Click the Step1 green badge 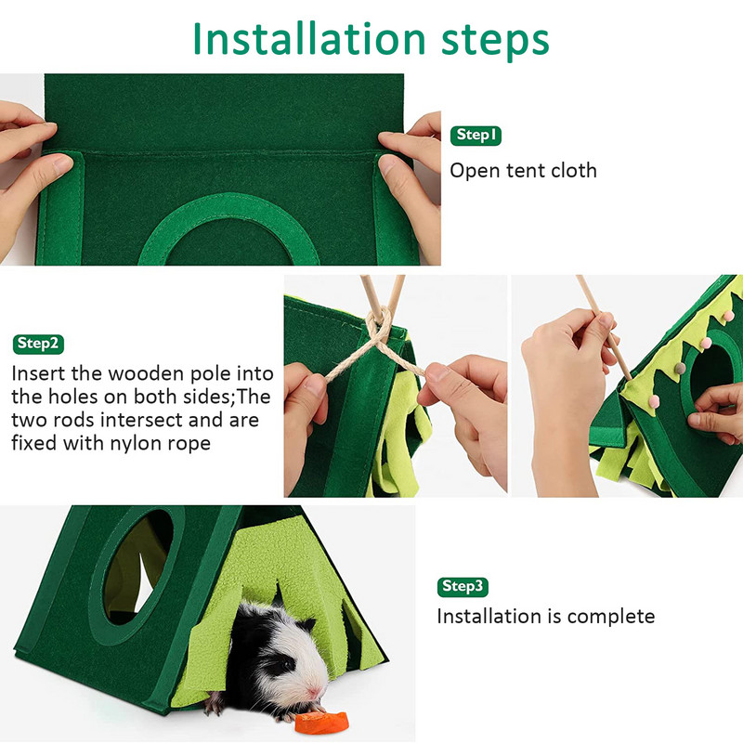[476, 136]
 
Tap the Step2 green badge [38, 344]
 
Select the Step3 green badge [463, 587]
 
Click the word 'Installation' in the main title [309, 39]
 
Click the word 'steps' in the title [495, 42]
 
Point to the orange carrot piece [321, 723]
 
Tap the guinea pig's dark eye [288, 664]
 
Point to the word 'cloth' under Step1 [573, 171]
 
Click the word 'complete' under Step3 [611, 617]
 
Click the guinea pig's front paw [215, 705]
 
